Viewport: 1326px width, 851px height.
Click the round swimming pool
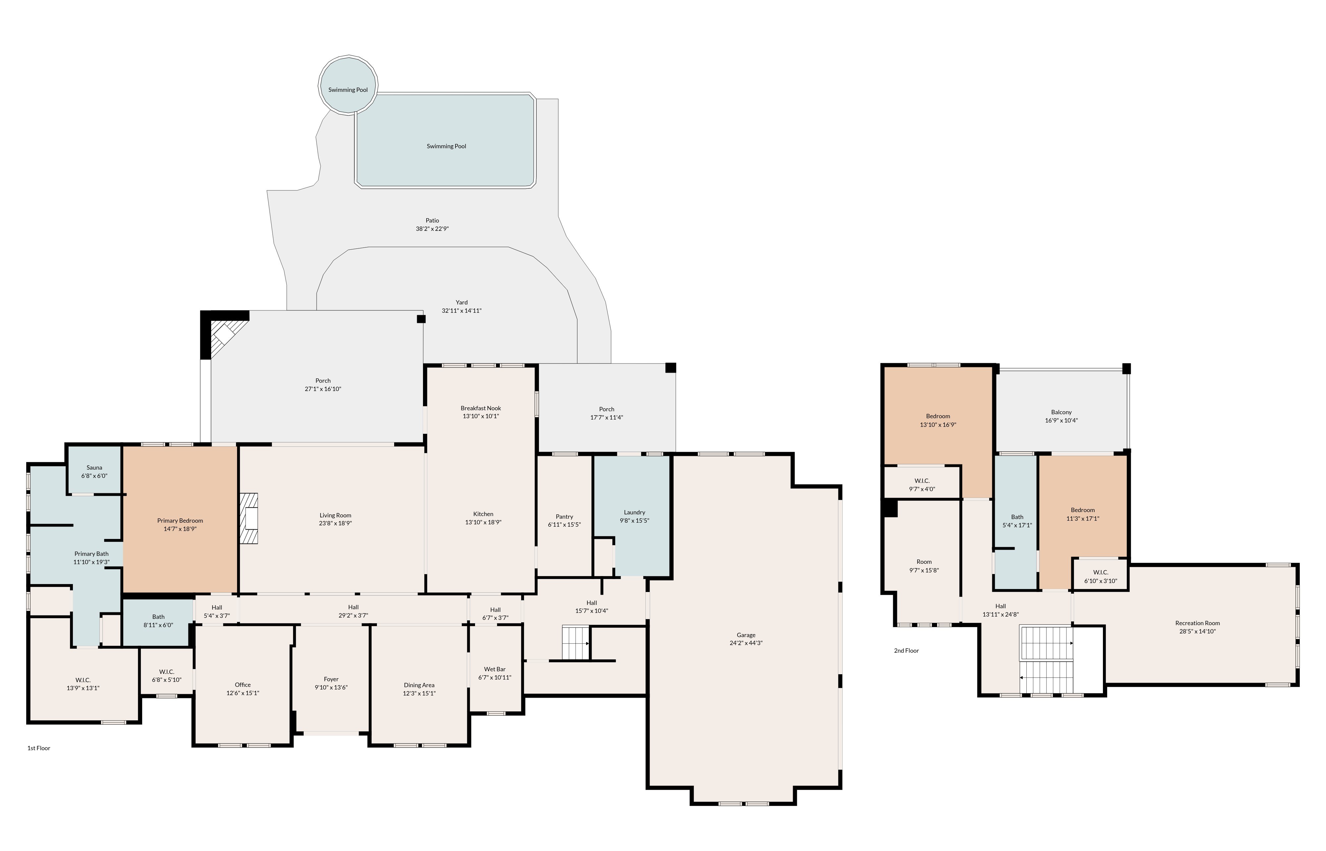pyautogui.click(x=348, y=86)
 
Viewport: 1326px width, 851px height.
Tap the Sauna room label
pyautogui.click(x=94, y=468)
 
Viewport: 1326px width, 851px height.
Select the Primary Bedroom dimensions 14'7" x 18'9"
pyautogui.click(x=180, y=529)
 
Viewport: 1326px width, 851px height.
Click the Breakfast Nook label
pyautogui.click(x=481, y=408)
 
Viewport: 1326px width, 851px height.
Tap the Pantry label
pyautogui.click(x=565, y=517)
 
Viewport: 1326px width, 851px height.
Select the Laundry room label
pyautogui.click(x=634, y=512)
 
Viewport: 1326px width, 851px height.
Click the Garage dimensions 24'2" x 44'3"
pyautogui.click(x=746, y=643)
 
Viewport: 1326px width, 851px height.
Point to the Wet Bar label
pyautogui.click(x=495, y=669)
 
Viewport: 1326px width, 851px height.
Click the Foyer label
pyautogui.click(x=331, y=679)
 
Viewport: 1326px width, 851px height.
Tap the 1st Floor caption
pyautogui.click(x=39, y=748)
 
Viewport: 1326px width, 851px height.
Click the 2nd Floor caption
pyautogui.click(x=907, y=650)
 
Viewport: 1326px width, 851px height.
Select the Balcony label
pyautogui.click(x=1061, y=412)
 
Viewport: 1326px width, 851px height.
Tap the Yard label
pyautogui.click(x=462, y=302)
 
